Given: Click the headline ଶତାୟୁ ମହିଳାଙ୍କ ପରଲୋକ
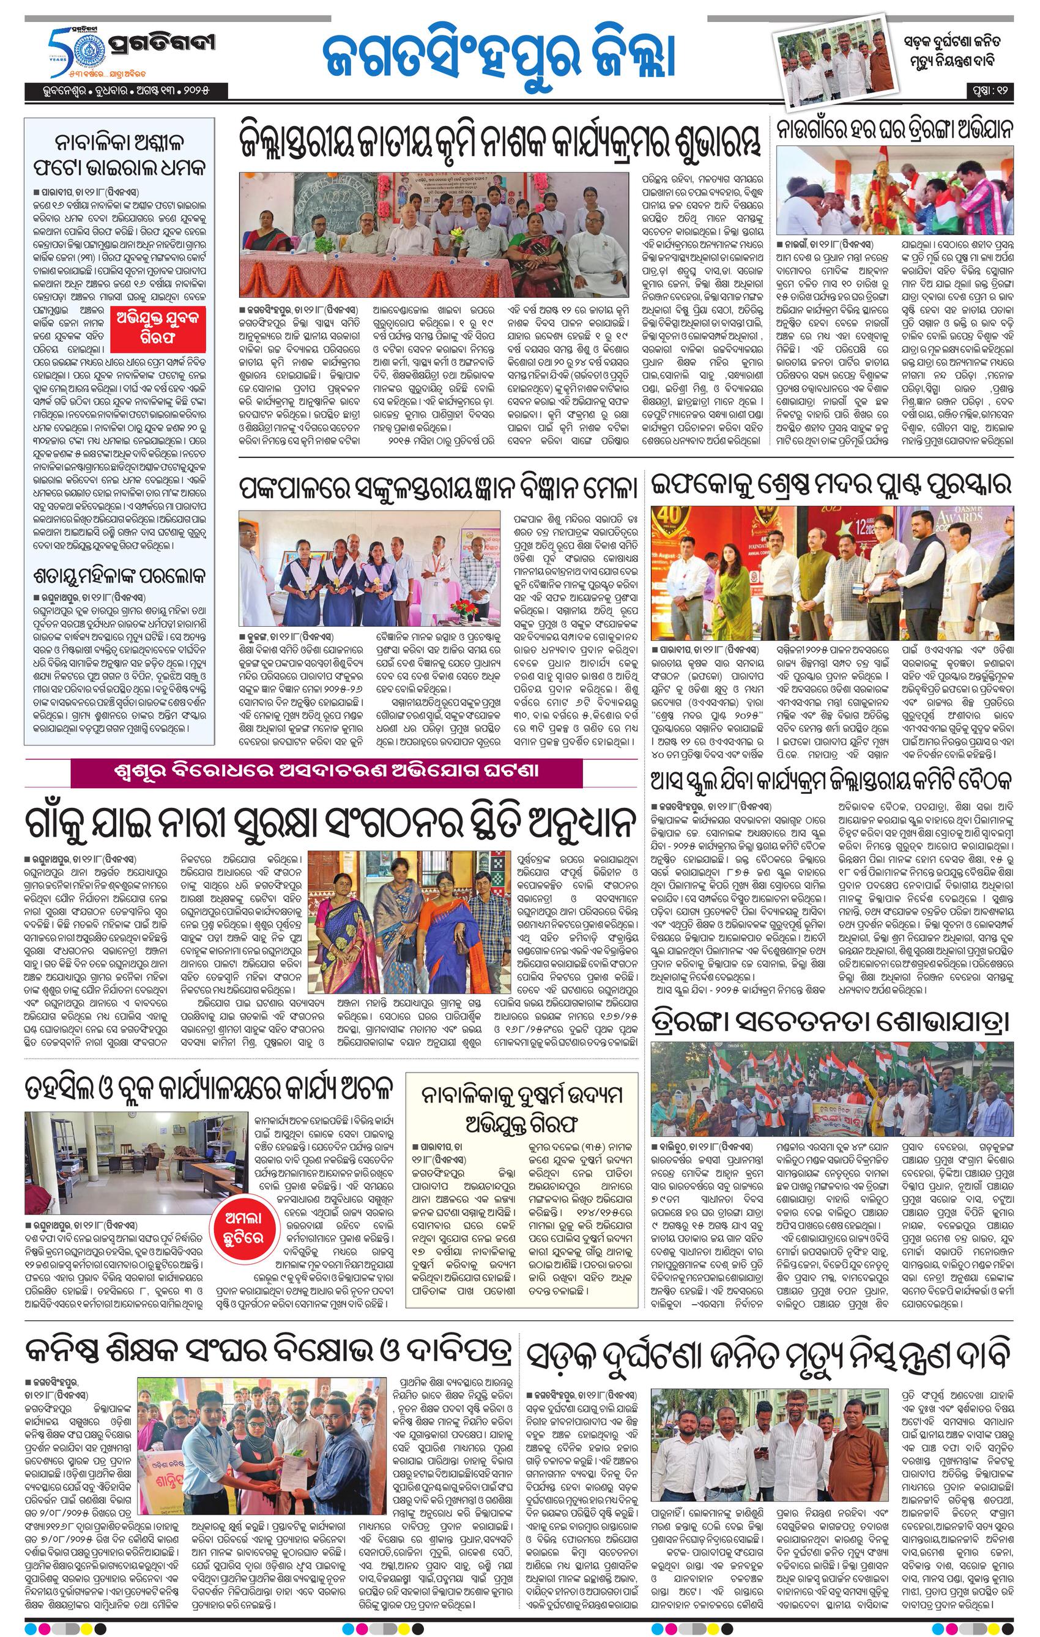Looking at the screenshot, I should pyautogui.click(x=120, y=577).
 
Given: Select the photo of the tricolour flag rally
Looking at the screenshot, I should pyautogui.click(x=831, y=1095).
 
